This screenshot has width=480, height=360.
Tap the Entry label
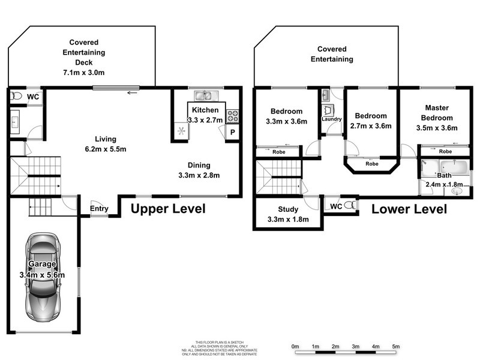pos(99,209)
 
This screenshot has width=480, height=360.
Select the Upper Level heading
pos(168,209)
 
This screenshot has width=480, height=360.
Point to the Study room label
pos(288,210)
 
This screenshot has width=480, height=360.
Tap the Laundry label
pos(332,119)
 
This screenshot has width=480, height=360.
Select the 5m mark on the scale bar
pos(395,347)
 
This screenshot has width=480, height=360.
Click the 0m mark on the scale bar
pos(295,347)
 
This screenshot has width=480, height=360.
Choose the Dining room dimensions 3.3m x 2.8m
pos(200,176)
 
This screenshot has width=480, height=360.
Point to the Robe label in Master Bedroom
pos(437,152)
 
